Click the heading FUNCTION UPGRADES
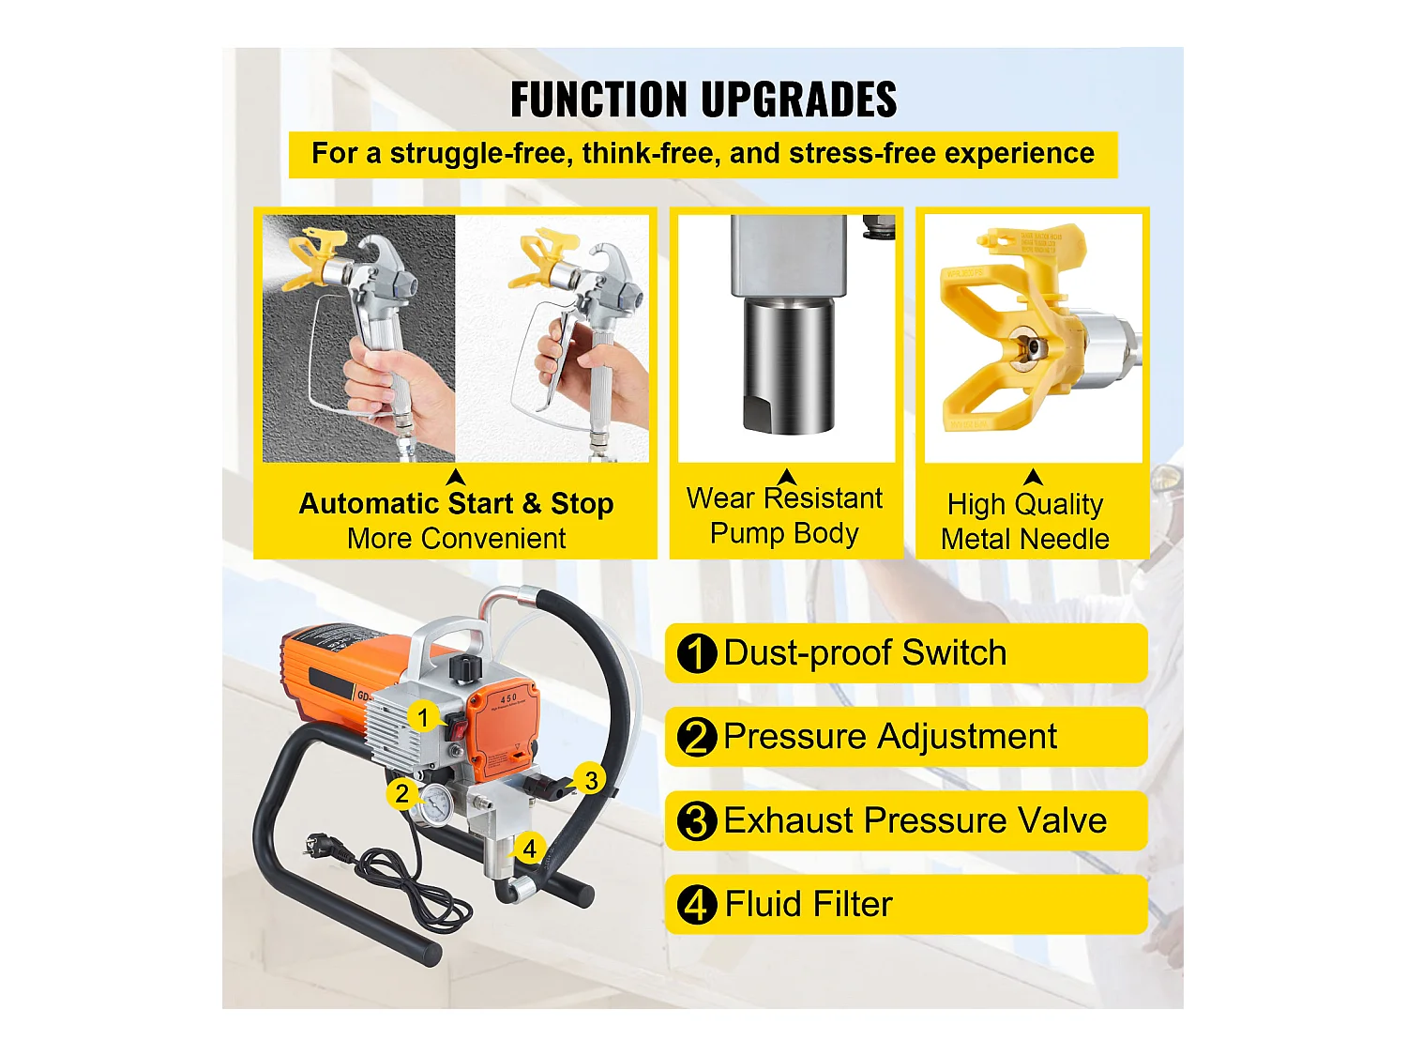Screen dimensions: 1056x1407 pos(703,100)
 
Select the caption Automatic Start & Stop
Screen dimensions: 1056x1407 pos(456,504)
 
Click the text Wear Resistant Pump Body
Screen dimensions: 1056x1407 pos(784,515)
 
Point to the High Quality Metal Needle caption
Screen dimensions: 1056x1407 pos(1025,522)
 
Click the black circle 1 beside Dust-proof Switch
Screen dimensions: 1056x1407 pos(697,653)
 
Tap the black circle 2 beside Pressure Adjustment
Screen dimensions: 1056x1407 pos(697,737)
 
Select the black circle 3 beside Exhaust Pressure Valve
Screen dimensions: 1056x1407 pos(697,821)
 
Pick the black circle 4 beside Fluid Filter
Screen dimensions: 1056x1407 pos(697,905)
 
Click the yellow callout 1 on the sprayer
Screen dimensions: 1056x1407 pos(423,718)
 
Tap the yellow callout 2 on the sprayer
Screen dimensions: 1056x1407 pos(402,794)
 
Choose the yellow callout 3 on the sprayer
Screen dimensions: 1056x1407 pos(591,780)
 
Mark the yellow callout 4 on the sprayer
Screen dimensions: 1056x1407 pos(529,849)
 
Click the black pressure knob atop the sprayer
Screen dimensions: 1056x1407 pos(464,668)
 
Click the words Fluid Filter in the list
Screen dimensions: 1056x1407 pos(809,905)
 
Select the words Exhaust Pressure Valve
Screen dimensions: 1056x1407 pos(915,821)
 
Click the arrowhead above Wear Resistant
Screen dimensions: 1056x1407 pos(787,477)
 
